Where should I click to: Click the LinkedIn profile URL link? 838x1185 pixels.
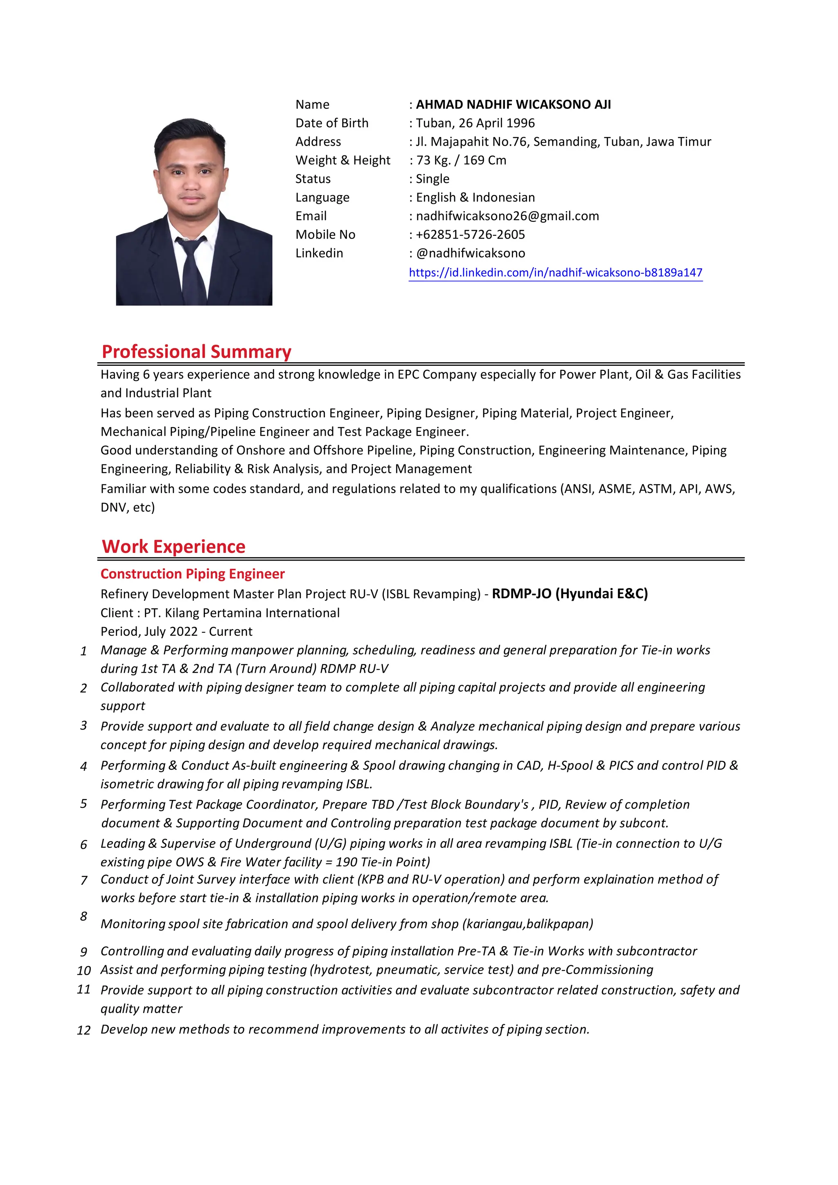pyautogui.click(x=555, y=273)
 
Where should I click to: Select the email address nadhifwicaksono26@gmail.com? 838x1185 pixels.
pyautogui.click(x=507, y=216)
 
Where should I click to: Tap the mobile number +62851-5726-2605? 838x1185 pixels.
pyautogui.click(x=470, y=234)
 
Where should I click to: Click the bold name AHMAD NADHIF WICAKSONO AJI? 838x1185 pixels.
pyautogui.click(x=513, y=104)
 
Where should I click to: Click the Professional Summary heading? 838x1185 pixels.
pyautogui.click(x=196, y=351)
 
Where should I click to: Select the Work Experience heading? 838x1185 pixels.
pyautogui.click(x=173, y=547)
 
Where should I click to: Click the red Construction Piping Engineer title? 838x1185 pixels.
pyautogui.click(x=192, y=574)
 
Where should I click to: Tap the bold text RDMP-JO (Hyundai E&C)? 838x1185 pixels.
pyautogui.click(x=570, y=594)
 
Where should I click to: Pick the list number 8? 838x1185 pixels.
pyautogui.click(x=83, y=916)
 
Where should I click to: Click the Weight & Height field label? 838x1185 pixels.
pyautogui.click(x=342, y=160)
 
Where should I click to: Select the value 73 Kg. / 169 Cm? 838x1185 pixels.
pyautogui.click(x=461, y=160)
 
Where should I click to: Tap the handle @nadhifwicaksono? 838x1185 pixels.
pyautogui.click(x=470, y=253)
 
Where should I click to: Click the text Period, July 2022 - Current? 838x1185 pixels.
pyautogui.click(x=176, y=631)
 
